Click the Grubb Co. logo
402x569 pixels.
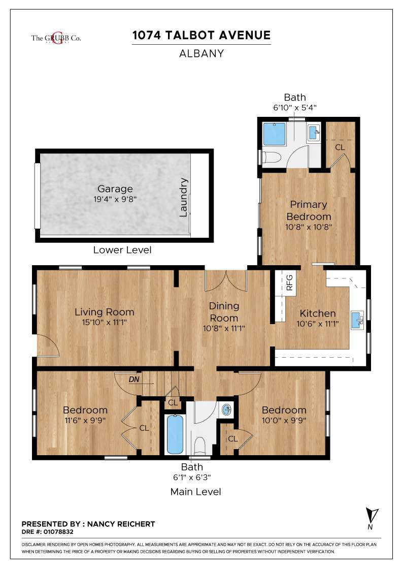56,38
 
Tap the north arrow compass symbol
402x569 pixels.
372,518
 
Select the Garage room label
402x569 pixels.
115,188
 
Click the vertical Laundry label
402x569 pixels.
183,197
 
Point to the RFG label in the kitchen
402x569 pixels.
289,282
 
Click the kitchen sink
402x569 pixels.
357,320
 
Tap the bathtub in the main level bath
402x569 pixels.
175,434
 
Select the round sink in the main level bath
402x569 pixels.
227,410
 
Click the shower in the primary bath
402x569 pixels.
275,134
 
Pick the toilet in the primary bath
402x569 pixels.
272,157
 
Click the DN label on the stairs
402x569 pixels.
134,380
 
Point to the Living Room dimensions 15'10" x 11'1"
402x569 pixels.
105,322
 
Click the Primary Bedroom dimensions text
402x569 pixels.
309,227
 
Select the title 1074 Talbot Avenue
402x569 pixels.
202,35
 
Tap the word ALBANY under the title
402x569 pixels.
202,53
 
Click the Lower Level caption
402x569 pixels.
122,249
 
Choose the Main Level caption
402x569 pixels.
196,492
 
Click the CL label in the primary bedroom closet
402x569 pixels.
340,147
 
